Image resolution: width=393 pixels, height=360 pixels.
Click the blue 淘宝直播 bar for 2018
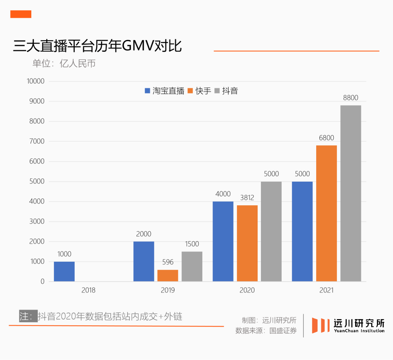click(64, 272)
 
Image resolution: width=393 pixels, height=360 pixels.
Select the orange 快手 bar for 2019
click(168, 276)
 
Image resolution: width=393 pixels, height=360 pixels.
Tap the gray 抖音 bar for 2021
click(350, 193)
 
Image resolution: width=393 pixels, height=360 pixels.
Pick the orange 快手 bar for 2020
click(247, 243)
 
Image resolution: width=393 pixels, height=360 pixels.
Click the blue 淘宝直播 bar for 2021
click(302, 232)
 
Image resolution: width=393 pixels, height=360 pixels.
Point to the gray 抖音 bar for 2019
click(192, 266)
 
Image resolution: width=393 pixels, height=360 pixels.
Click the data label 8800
click(350, 98)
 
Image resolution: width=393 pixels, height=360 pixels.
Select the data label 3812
click(247, 198)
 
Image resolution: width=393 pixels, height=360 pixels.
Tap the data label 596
click(168, 262)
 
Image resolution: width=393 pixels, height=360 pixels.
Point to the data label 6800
click(326, 138)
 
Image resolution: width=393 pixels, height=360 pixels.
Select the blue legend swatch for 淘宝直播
click(147, 91)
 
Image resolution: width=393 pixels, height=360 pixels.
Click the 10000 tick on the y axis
click(36, 81)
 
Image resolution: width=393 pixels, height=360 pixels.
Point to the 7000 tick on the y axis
click(37, 141)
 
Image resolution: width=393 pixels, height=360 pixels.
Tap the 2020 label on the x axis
click(247, 290)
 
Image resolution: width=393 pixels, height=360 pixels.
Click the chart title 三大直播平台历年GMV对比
click(97, 47)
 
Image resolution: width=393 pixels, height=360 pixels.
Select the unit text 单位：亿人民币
click(64, 63)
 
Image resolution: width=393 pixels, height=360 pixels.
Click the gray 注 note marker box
click(28, 316)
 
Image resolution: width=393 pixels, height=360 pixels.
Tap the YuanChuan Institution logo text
click(359, 331)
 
